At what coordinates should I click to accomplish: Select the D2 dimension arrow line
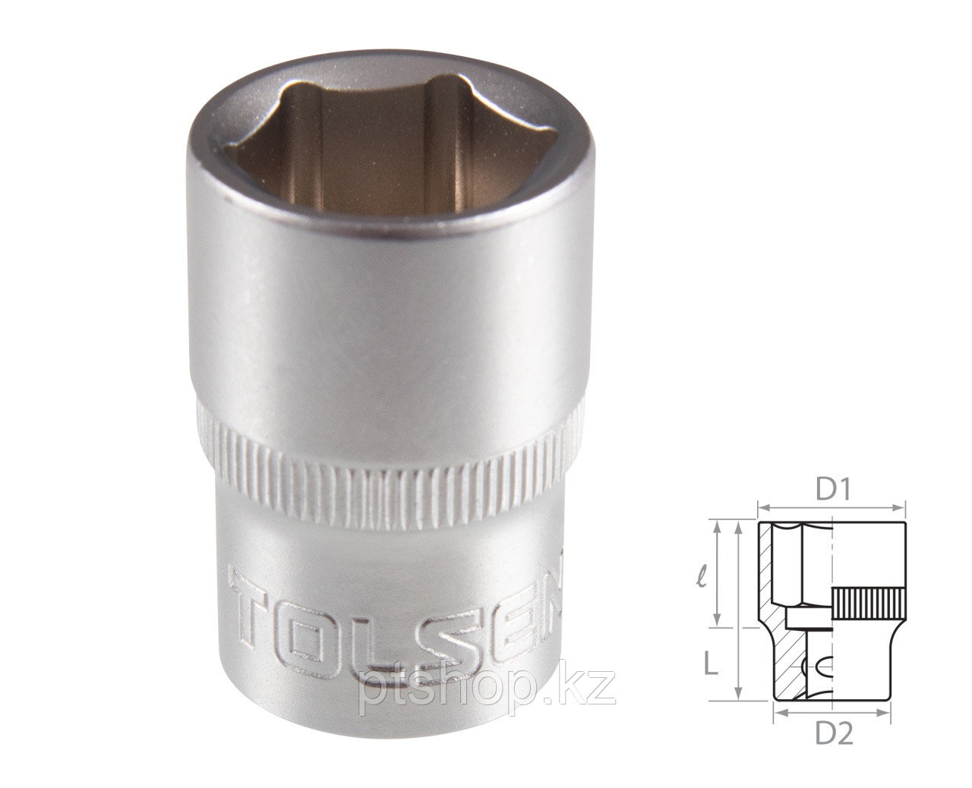(x=833, y=713)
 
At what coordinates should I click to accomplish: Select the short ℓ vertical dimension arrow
(x=718, y=575)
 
